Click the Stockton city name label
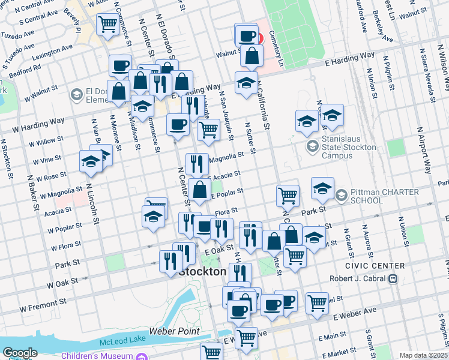[203, 272]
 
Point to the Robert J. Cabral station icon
[393, 278]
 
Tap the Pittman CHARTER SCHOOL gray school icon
[341, 195]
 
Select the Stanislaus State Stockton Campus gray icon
[312, 146]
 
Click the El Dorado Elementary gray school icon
[76, 94]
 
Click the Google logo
[20, 353]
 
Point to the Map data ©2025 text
[423, 355]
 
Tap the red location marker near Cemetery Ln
[259, 38]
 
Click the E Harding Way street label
[350, 58]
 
